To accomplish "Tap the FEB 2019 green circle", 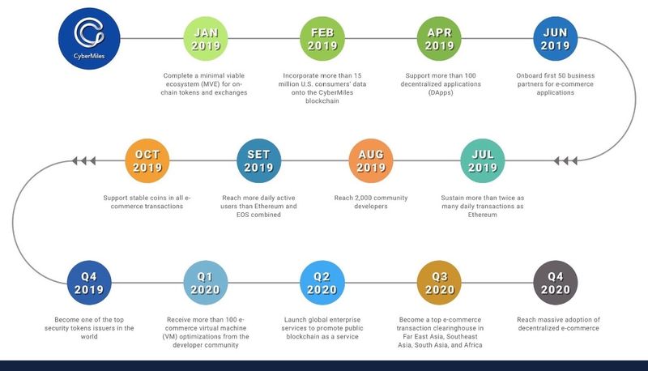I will point(322,38).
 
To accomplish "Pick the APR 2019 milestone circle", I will point(439,38).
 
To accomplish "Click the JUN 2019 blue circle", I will point(556,38).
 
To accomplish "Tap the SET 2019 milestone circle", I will point(258,160).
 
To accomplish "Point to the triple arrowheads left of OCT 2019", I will point(84,161).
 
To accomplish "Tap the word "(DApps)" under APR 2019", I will point(439,92).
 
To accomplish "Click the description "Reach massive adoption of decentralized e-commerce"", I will point(557,324).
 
